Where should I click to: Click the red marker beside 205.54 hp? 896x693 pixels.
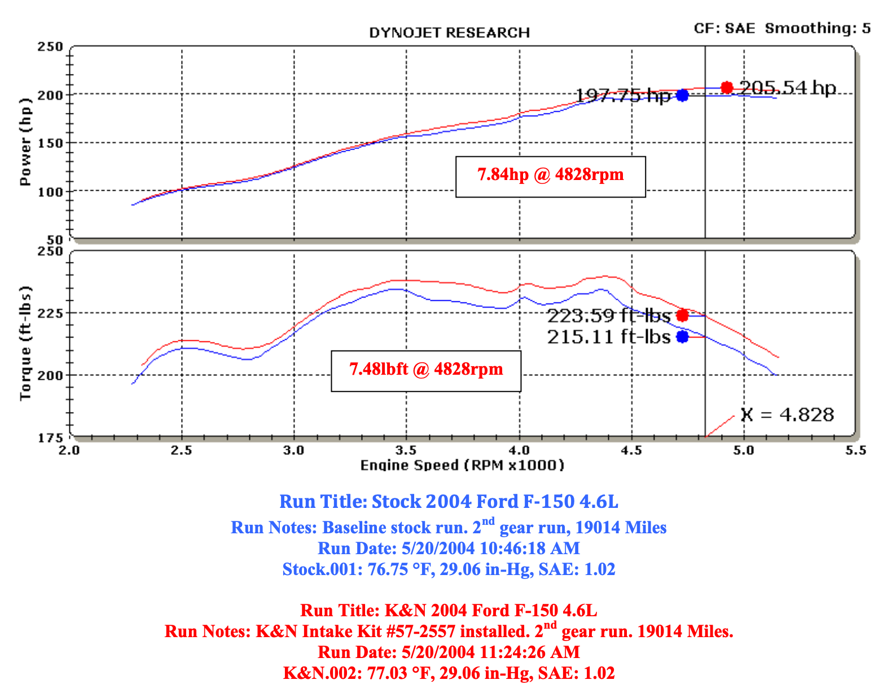tap(727, 87)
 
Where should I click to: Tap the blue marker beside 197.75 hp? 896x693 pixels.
tap(682, 95)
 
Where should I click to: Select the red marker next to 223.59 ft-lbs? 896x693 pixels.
tap(682, 315)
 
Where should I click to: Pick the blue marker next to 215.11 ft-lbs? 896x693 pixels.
tap(682, 337)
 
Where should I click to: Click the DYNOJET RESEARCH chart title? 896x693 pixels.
tap(449, 33)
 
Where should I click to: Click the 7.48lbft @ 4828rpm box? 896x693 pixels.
tap(425, 370)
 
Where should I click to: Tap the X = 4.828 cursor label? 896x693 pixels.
tap(787, 415)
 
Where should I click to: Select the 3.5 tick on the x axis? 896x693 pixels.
tap(406, 450)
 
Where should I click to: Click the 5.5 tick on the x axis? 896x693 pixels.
tap(855, 450)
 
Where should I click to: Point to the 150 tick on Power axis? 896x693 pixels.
tap(50, 143)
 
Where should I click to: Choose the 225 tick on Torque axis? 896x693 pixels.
tap(50, 313)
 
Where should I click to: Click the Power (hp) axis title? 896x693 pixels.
tap(25, 142)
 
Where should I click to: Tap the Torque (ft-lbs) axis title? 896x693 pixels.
tap(25, 343)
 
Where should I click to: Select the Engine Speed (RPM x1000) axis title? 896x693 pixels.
tap(462, 465)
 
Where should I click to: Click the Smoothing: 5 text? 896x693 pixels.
tap(818, 28)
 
